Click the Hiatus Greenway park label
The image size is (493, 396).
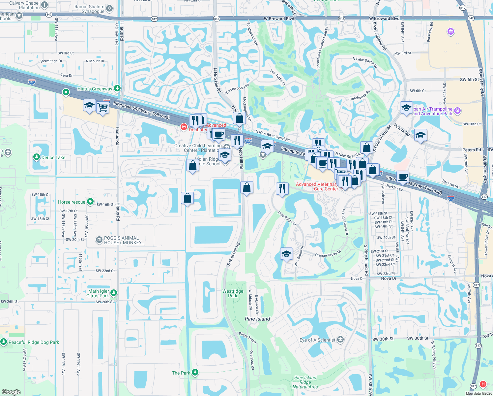(95, 89)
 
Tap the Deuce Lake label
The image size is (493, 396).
(53, 157)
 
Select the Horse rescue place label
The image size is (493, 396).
(72, 202)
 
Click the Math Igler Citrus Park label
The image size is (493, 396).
(98, 293)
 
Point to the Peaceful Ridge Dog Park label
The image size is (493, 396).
(34, 342)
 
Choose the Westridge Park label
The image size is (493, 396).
(233, 293)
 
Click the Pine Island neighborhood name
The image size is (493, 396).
(257, 319)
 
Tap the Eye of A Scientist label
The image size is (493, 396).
(317, 340)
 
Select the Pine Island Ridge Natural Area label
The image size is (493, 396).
(305, 382)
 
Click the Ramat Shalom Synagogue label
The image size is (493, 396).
(90, 9)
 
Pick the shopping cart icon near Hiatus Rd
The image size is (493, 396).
(103, 107)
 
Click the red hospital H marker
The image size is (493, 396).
(483, 384)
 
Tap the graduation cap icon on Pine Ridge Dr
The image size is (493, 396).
(286, 254)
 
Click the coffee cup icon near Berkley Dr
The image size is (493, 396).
(403, 176)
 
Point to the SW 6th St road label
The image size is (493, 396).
(469, 80)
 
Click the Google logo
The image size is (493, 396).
(11, 392)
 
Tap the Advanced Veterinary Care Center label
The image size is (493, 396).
(317, 186)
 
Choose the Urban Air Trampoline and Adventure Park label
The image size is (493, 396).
(432, 111)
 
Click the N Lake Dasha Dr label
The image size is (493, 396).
(364, 61)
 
